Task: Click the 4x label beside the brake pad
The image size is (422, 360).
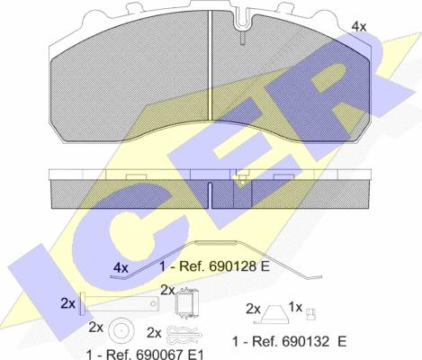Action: [359, 27]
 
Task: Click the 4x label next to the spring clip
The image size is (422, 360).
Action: [121, 267]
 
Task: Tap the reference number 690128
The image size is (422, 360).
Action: [230, 266]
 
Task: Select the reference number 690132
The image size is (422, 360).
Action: [303, 341]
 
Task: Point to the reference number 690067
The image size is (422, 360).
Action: [163, 355]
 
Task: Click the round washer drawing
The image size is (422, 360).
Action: [121, 330]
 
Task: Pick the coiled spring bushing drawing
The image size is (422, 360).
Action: [187, 303]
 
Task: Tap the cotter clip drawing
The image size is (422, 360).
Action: [184, 334]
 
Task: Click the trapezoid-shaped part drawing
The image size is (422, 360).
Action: [274, 314]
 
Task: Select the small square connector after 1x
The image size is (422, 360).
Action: [310, 314]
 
